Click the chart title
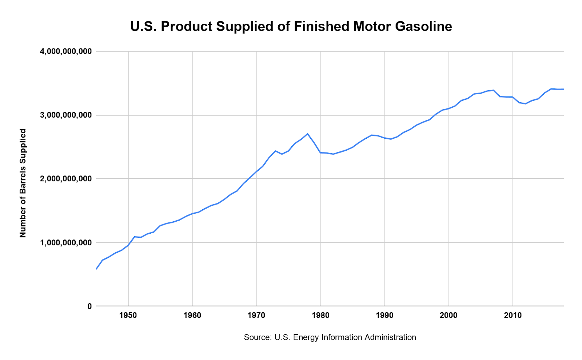click(x=291, y=27)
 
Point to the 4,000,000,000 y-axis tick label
click(x=65, y=52)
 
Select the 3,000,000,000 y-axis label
click(x=65, y=115)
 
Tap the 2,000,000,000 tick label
click(x=65, y=179)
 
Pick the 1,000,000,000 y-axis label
click(x=65, y=242)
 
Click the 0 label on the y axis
click(x=89, y=306)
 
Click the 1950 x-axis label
click(x=128, y=315)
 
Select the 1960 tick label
click(x=192, y=315)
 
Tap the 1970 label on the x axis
click(x=256, y=315)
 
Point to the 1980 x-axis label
click(x=320, y=315)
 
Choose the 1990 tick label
click(x=384, y=315)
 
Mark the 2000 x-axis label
click(x=449, y=315)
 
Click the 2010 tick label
click(x=513, y=315)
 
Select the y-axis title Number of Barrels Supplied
click(x=23, y=183)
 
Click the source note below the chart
click(x=330, y=337)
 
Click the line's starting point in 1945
click(x=96, y=269)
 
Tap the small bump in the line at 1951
click(x=135, y=237)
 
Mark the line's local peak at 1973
click(x=275, y=151)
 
